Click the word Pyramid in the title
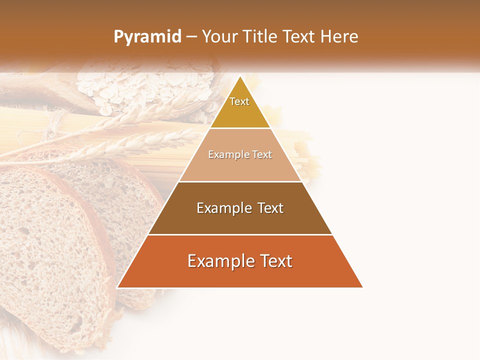click(147, 37)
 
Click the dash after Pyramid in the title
click(191, 37)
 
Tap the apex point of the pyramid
click(240, 77)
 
